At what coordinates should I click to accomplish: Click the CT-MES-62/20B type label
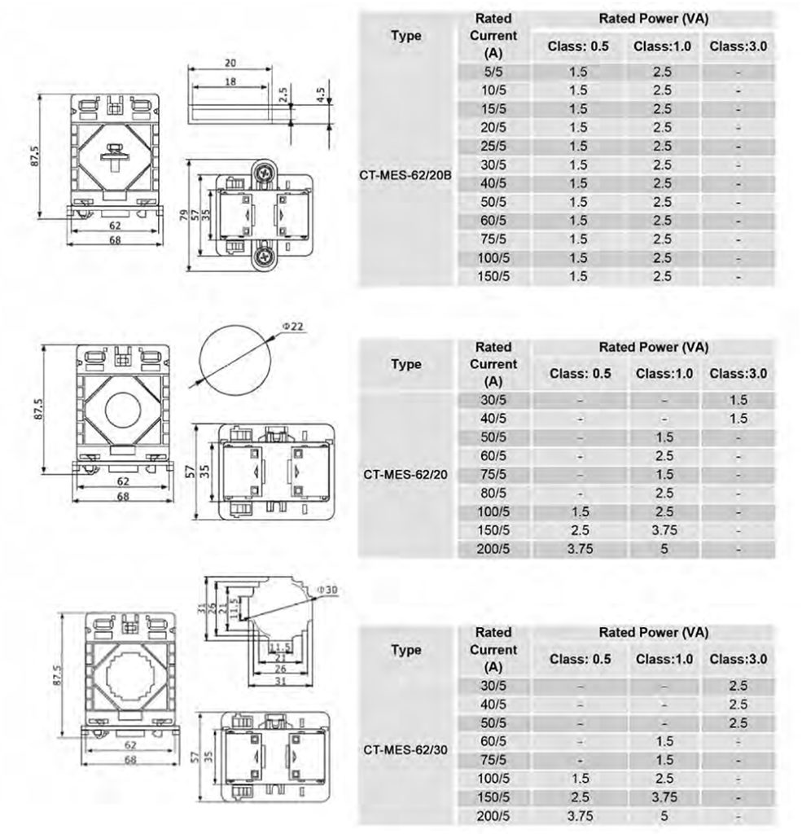click(405, 173)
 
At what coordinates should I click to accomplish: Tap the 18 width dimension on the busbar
click(230, 82)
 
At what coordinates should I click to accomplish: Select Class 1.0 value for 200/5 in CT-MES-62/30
click(664, 816)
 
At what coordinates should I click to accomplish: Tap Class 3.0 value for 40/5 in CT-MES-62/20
click(738, 419)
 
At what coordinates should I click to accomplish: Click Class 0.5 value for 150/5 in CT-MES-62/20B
click(578, 276)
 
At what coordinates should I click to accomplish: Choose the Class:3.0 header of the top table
click(738, 46)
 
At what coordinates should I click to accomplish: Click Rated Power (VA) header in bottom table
click(653, 632)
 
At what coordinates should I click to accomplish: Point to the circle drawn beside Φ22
click(234, 355)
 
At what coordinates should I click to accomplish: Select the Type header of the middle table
click(405, 364)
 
